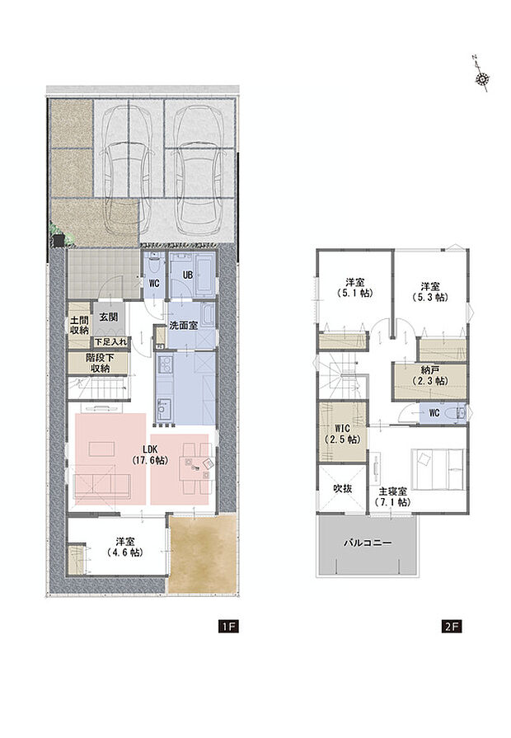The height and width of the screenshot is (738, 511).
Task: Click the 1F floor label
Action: click(228, 627)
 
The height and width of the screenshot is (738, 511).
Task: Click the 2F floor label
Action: click(451, 627)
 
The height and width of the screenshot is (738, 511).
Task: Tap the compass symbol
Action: click(482, 78)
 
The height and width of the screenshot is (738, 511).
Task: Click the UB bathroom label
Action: click(187, 275)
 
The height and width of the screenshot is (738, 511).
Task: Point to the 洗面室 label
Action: click(182, 326)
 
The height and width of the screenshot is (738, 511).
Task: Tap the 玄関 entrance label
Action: click(109, 317)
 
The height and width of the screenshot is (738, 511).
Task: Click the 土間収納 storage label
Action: click(79, 324)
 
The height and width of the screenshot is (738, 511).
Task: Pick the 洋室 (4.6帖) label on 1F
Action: click(125, 548)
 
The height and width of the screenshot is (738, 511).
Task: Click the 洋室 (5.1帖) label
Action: click(356, 285)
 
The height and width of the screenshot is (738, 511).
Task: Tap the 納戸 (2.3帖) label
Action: click(429, 376)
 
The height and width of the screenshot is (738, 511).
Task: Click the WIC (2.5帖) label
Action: click(343, 434)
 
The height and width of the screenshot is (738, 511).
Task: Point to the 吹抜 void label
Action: click(342, 488)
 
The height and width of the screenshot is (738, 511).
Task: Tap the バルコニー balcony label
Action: click(368, 545)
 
